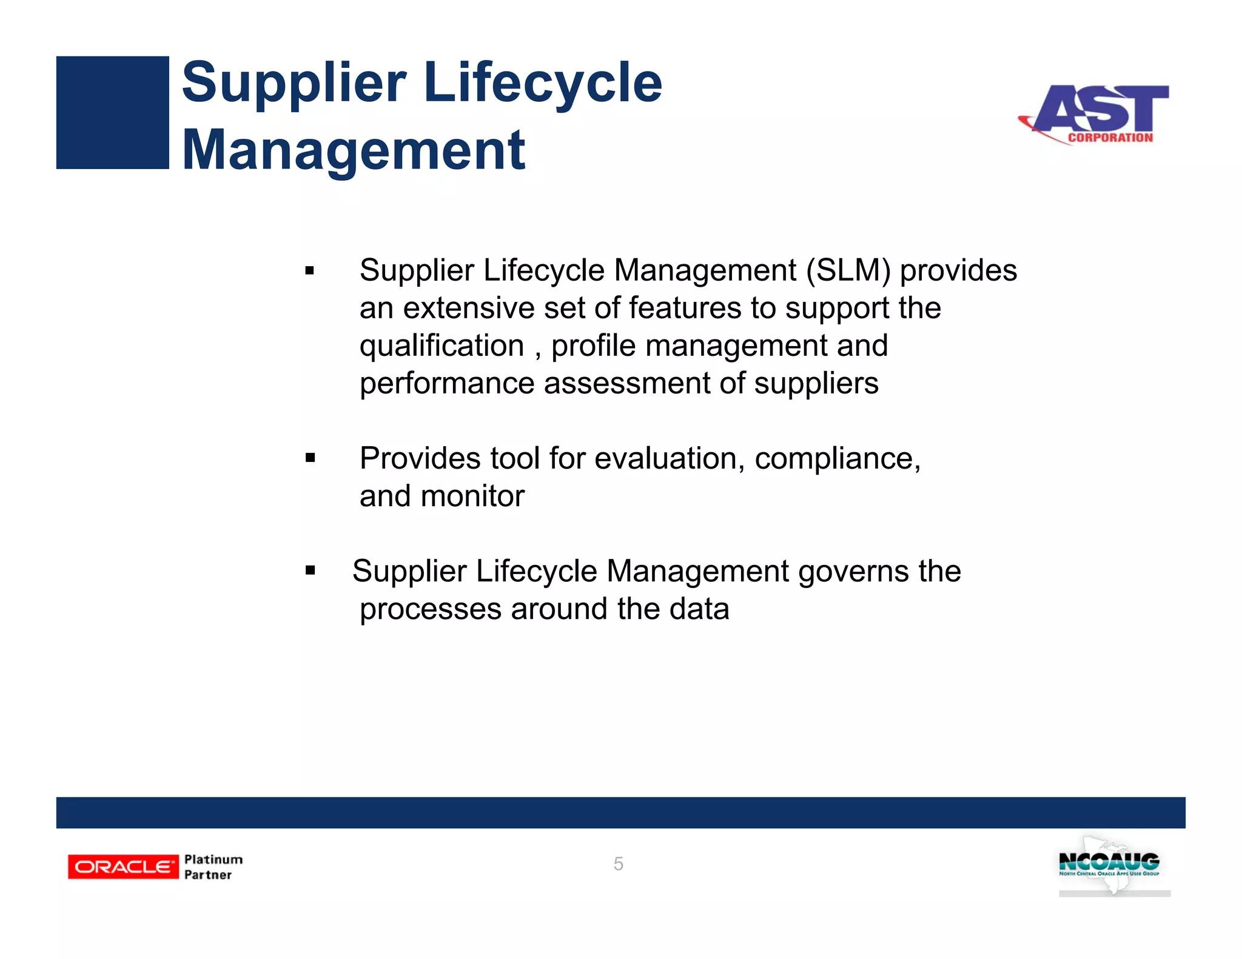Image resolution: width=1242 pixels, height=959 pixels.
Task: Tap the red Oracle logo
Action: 123,867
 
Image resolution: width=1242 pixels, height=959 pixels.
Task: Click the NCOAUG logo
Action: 1109,863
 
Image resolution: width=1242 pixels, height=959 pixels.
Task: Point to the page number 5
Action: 618,864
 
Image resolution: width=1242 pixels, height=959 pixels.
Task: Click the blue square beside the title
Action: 112,112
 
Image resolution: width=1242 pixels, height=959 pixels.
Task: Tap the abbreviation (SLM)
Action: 848,270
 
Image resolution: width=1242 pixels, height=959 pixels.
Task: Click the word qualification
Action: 441,346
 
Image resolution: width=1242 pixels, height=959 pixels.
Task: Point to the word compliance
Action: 837,459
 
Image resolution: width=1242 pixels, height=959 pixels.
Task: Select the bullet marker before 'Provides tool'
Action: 310,458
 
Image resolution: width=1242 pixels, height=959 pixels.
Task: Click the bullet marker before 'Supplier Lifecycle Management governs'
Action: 310,570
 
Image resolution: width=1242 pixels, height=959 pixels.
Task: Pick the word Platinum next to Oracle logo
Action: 213,860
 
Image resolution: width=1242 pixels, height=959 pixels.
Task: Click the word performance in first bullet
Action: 447,384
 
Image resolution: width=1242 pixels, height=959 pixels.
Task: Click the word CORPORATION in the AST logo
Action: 1110,138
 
